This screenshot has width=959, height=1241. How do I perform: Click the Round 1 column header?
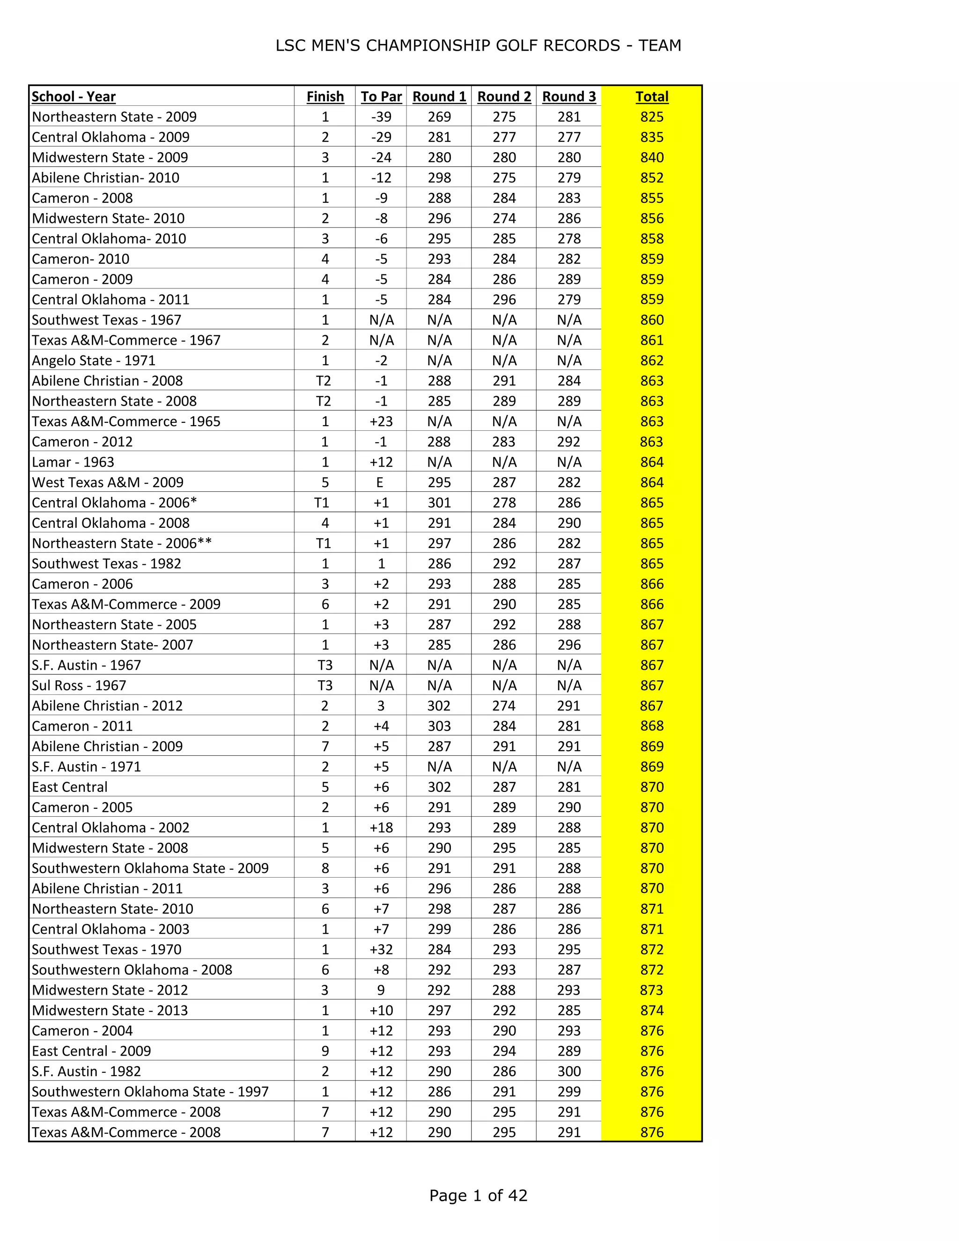pyautogui.click(x=439, y=96)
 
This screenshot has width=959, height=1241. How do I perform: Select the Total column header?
pyautogui.click(x=652, y=96)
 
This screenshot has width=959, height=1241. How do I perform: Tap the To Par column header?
pyautogui.click(x=381, y=96)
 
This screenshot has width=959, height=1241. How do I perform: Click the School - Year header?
pyautogui.click(x=74, y=96)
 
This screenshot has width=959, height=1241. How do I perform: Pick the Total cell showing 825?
pyautogui.click(x=652, y=117)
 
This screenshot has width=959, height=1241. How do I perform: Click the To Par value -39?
pyautogui.click(x=381, y=117)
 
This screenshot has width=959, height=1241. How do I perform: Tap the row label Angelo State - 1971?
pyautogui.click(x=93, y=361)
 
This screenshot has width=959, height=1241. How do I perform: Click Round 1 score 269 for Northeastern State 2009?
pyautogui.click(x=439, y=117)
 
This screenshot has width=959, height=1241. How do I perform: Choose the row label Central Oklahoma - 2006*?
pyautogui.click(x=114, y=503)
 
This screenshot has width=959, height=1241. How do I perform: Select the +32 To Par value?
pyautogui.click(x=381, y=950)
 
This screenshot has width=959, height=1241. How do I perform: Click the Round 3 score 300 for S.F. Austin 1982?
pyautogui.click(x=568, y=1071)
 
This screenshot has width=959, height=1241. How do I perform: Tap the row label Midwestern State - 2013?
pyautogui.click(x=110, y=1010)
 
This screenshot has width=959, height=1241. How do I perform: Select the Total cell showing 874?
pyautogui.click(x=652, y=1010)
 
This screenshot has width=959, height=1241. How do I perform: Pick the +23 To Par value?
pyautogui.click(x=381, y=421)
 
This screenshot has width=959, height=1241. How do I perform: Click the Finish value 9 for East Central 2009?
pyautogui.click(x=325, y=1051)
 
